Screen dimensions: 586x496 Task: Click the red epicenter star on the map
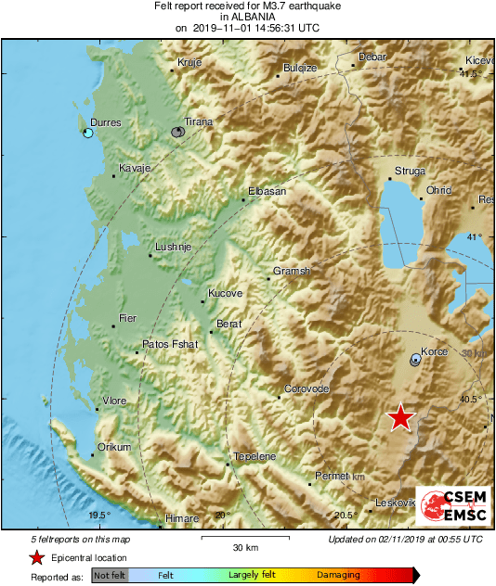coord(400,417)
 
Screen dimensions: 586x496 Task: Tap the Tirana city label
coord(198,121)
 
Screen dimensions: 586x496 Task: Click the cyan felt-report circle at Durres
coord(88,134)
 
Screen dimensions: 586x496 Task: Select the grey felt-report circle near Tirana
coord(177,133)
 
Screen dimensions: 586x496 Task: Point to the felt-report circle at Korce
coord(415,361)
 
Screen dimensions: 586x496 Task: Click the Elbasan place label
coord(267,192)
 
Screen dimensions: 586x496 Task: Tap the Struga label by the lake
coord(410,171)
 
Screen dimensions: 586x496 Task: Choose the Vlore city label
coord(114,401)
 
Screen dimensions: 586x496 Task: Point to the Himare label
coord(182,520)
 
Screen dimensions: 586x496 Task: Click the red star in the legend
coord(36,557)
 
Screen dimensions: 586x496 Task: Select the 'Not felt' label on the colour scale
coord(110,576)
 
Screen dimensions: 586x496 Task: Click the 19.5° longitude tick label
coord(99,516)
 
